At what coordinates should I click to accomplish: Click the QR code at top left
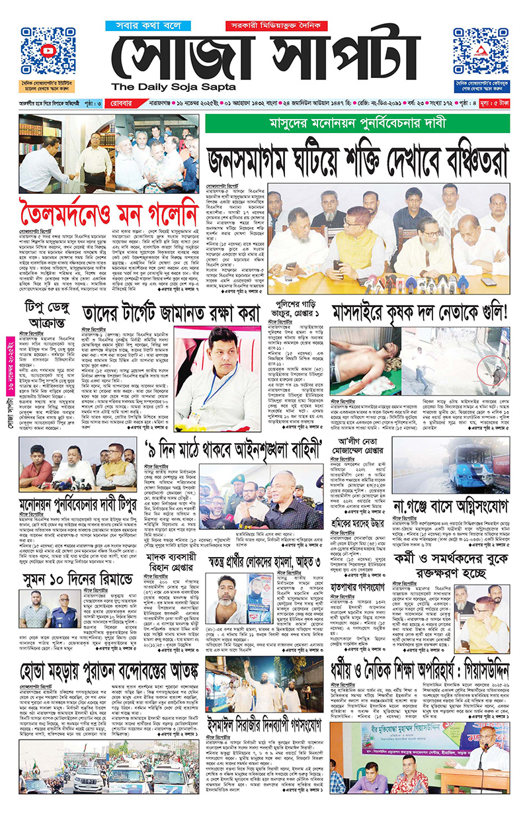click(47, 51)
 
